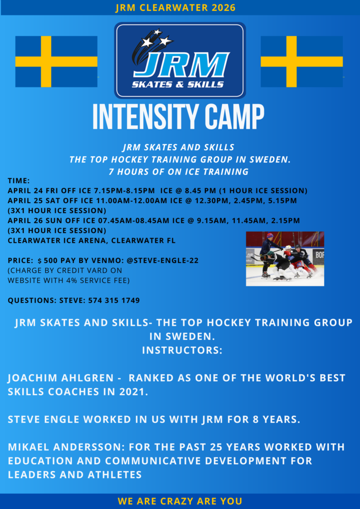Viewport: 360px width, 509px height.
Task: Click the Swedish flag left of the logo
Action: click(56, 61)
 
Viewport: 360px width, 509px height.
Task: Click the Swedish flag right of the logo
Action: click(301, 61)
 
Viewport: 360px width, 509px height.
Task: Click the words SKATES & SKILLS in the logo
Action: click(178, 85)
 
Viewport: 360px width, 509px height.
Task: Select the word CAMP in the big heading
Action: click(229, 117)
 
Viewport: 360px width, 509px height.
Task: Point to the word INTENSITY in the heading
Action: click(141, 117)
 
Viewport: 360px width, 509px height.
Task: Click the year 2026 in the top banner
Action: click(223, 8)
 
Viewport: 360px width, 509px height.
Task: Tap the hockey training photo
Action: click(285, 258)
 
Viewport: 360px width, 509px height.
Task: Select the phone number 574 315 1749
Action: click(114, 301)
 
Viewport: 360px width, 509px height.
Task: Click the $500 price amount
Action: click(47, 260)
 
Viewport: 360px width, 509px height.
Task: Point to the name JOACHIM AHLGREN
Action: click(60, 378)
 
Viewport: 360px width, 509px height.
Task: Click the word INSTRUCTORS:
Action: click(182, 350)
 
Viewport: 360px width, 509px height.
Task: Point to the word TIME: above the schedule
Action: click(19, 180)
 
